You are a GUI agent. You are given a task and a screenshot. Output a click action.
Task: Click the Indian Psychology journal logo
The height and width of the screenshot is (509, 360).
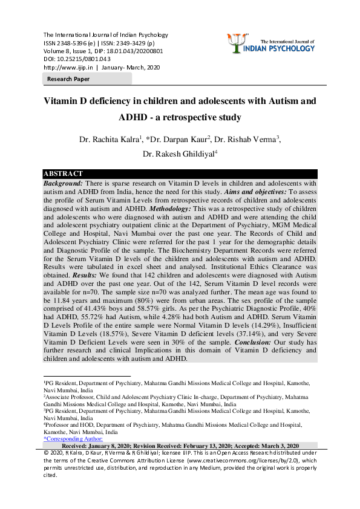coord(274,42)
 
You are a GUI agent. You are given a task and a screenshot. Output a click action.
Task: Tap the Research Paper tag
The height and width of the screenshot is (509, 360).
coord(69,79)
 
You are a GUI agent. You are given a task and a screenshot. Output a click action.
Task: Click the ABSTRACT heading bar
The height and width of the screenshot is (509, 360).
coord(64,173)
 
